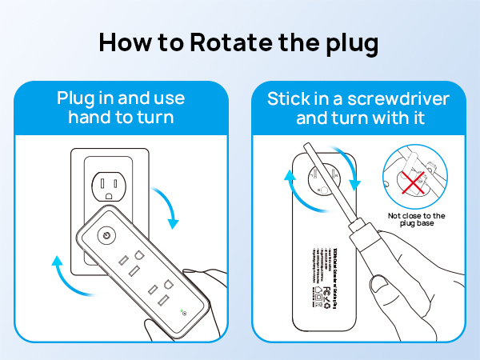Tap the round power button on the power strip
(x=105, y=238)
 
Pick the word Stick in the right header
(x=289, y=99)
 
